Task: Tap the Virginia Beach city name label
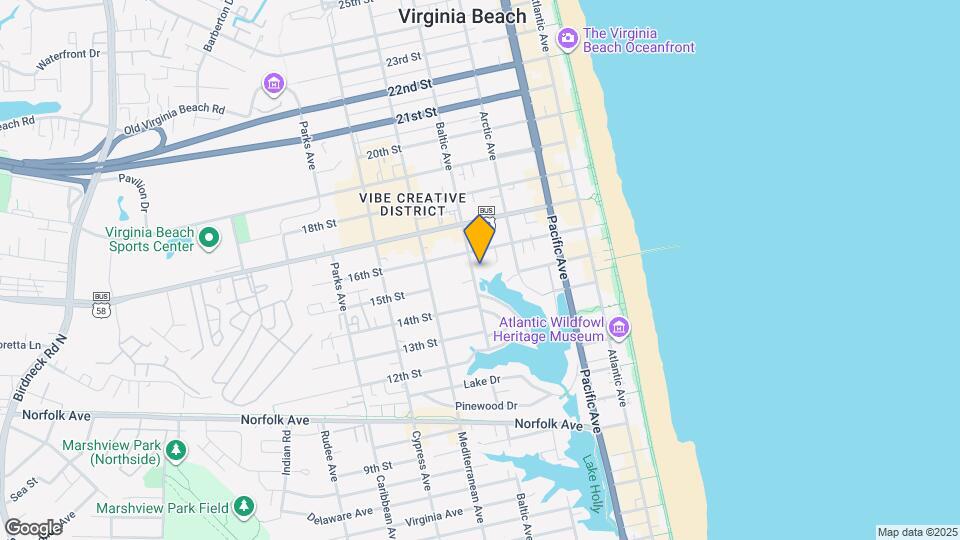[462, 16]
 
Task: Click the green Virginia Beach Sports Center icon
[209, 238]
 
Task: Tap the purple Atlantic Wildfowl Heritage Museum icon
[619, 327]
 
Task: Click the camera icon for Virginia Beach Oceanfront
[568, 39]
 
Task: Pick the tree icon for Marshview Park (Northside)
[176, 450]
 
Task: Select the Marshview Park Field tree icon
[244, 508]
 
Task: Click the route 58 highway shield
[101, 310]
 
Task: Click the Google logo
[33, 527]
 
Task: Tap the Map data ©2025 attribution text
[916, 532]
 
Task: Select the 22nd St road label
[411, 88]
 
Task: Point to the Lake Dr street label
[481, 383]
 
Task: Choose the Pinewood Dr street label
[485, 406]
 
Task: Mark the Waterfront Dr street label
[69, 60]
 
